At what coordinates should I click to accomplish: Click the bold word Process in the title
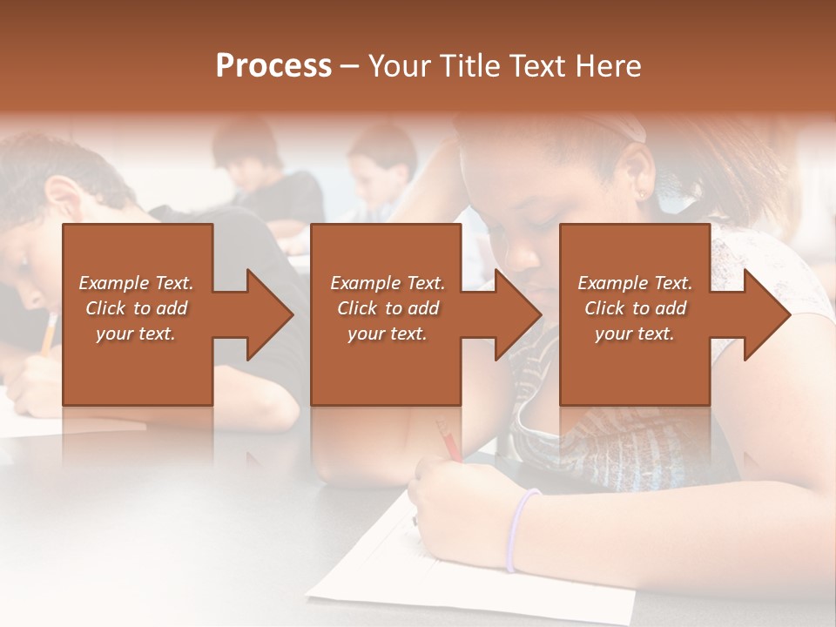(x=273, y=66)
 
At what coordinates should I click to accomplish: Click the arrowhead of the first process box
(x=269, y=314)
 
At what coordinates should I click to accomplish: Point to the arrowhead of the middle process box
(x=517, y=314)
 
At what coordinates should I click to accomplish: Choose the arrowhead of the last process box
(x=766, y=314)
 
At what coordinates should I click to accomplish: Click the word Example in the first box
(x=114, y=283)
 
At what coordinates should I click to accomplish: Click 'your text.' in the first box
(x=136, y=334)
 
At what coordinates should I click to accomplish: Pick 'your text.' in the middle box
(x=388, y=334)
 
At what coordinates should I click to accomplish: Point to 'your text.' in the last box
(x=635, y=334)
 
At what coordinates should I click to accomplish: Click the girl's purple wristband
(x=520, y=527)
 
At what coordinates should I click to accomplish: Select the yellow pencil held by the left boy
(x=49, y=334)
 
